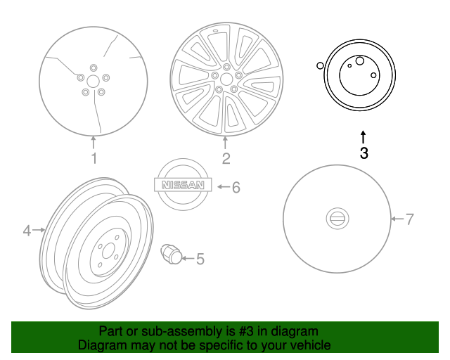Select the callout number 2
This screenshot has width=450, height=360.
tap(226, 158)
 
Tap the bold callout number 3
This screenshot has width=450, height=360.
tap(364, 153)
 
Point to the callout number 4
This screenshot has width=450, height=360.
tap(27, 230)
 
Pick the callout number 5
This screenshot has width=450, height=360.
tap(200, 259)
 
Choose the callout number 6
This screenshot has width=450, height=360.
tap(236, 187)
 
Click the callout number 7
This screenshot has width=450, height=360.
tap(410, 219)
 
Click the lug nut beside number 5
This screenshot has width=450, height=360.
tap(171, 254)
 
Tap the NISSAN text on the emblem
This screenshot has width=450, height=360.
tap(182, 186)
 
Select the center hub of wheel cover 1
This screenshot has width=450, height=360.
tap(93, 81)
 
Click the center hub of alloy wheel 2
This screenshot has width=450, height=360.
tap(226, 77)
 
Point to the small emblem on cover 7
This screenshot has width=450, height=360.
tap(337, 219)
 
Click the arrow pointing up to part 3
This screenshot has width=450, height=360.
tap(364, 134)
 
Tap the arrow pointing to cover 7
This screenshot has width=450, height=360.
tap(397, 219)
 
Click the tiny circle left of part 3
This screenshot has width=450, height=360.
tap(320, 66)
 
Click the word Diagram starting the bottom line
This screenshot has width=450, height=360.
tap(99, 345)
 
